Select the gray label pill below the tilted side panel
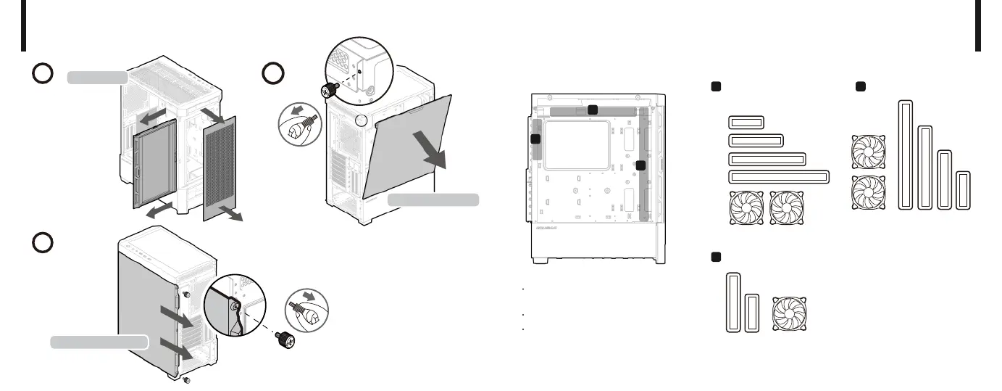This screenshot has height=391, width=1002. [433, 199]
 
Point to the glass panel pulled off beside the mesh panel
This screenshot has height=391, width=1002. [154, 165]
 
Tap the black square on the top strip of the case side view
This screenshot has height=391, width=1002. [593, 110]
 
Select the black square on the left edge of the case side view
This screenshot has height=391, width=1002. [535, 139]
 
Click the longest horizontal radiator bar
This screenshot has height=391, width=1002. [778, 177]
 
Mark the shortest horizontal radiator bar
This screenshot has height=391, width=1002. [746, 122]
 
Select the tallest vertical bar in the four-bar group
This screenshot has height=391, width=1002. [904, 155]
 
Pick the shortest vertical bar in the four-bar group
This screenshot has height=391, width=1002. [962, 190]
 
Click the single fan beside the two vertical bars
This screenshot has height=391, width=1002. [790, 313]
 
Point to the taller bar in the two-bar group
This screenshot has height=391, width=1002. [733, 302]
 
